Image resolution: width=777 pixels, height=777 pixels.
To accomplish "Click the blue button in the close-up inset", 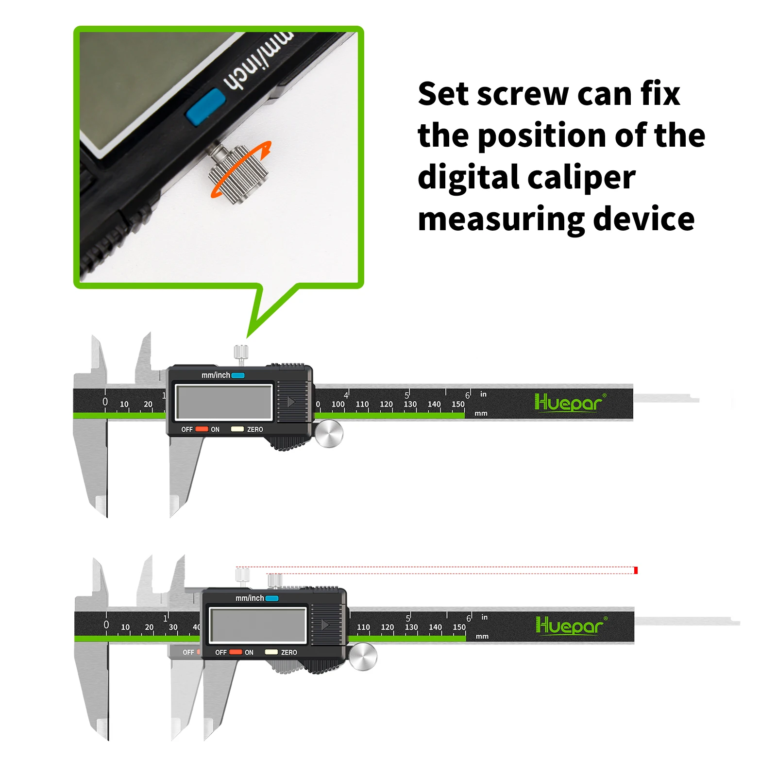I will click(206, 106).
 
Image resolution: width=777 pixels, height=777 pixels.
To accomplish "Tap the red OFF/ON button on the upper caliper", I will click(202, 429).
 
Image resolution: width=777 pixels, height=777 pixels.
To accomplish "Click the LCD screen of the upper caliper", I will click(224, 402).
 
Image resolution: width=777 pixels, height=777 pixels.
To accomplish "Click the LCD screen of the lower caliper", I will click(258, 625).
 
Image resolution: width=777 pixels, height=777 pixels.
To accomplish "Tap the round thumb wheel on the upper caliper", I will click(329, 434).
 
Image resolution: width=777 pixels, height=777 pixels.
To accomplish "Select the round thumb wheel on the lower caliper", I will click(363, 657).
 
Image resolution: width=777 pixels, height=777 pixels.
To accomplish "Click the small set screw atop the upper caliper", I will click(241, 353).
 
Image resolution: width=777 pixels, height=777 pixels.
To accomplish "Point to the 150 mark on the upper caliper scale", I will click(458, 404).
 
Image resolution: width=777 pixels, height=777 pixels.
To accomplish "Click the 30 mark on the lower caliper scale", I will click(173, 627).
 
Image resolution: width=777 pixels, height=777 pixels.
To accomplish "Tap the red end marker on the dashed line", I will click(636, 570).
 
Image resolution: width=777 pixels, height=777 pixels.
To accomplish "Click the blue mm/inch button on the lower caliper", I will click(272, 598).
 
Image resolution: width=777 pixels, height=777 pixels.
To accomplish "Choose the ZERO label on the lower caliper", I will click(289, 652).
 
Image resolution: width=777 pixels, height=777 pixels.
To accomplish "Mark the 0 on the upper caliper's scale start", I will click(105, 402).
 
